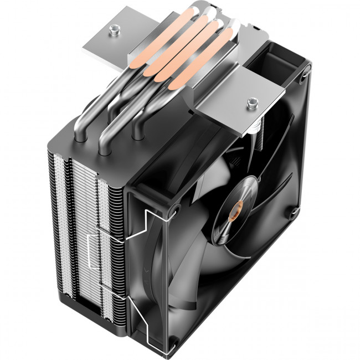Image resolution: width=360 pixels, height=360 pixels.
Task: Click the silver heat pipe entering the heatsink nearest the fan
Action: pos(137,133)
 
